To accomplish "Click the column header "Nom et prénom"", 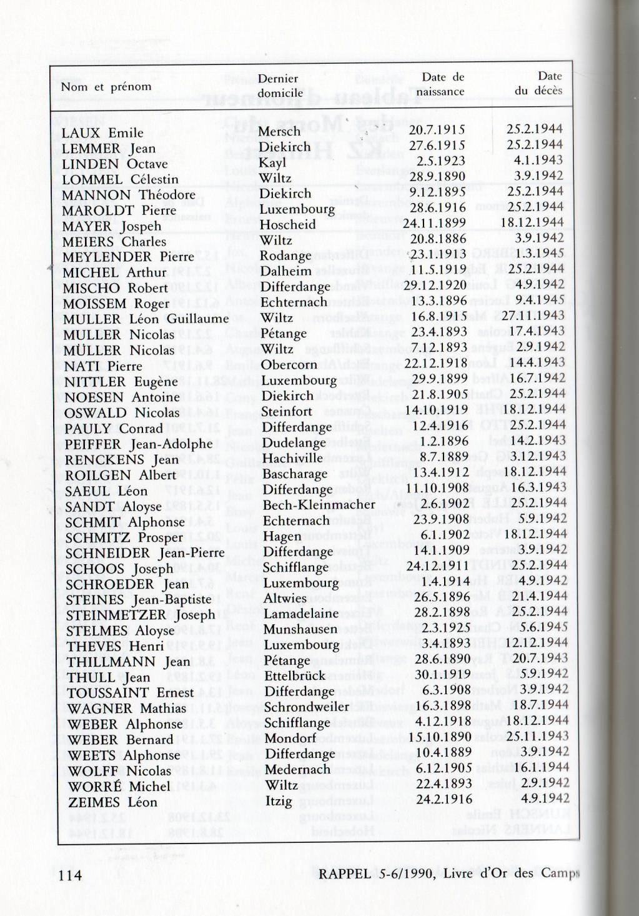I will [x=106, y=86].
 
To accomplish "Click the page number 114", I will [x=70, y=875].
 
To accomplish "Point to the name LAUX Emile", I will [x=102, y=132].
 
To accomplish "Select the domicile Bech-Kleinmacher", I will [x=319, y=505].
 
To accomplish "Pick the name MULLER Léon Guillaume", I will [x=146, y=319].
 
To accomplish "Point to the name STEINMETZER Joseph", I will [x=141, y=614].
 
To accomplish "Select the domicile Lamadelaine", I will [x=301, y=613].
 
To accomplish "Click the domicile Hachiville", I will [x=292, y=458].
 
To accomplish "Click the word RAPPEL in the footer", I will [x=344, y=874].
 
